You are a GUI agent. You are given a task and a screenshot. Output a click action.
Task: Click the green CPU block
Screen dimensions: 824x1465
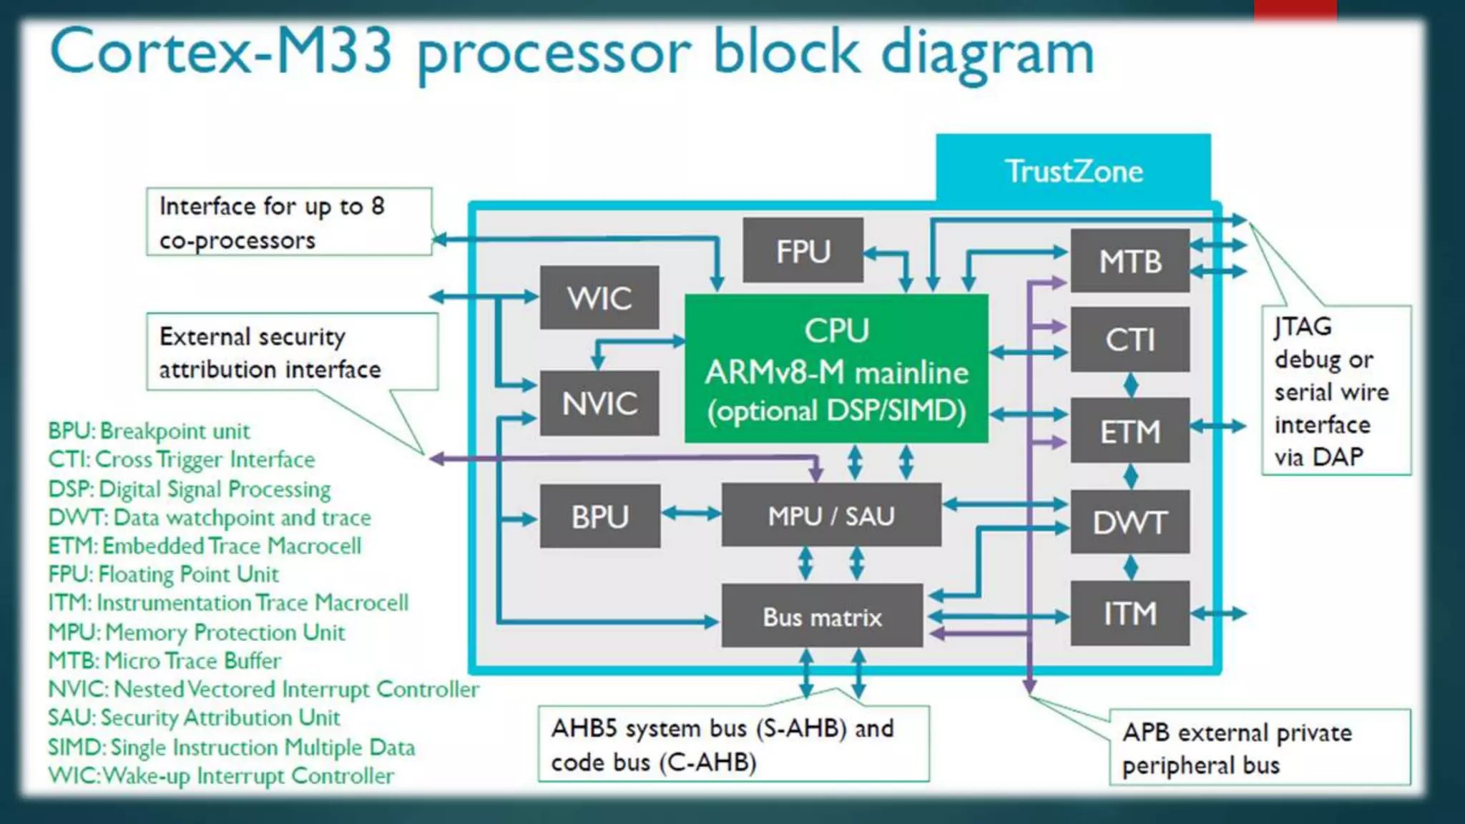(836, 369)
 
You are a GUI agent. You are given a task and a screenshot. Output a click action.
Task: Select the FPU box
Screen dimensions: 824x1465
(803, 251)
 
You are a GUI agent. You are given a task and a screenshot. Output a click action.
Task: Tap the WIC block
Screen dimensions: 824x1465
(599, 298)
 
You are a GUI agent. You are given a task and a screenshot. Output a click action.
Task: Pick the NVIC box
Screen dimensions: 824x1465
(599, 403)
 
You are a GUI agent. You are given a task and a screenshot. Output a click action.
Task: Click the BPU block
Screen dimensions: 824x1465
(599, 516)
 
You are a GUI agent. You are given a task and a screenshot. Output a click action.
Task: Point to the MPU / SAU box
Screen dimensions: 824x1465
(831, 516)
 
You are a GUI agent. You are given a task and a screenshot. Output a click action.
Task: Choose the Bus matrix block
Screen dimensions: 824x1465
(822, 617)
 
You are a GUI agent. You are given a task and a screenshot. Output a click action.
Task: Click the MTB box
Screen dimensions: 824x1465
(1130, 261)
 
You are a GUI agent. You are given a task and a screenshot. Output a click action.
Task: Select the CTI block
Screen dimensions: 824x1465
(1130, 340)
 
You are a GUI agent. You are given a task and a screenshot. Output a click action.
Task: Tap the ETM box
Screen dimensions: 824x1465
(1130, 431)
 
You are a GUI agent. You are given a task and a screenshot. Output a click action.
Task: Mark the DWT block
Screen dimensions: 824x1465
(1130, 522)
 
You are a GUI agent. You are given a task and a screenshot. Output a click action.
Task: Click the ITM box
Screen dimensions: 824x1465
(1130, 614)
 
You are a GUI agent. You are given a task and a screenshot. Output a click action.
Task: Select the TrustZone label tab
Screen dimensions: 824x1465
(1073, 170)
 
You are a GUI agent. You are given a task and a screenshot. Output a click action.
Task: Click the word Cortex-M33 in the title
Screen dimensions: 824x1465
(222, 51)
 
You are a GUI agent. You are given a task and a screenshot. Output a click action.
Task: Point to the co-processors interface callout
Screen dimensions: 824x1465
(288, 222)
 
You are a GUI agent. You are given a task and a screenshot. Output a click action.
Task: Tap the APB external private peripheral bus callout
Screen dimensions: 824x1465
(1259, 748)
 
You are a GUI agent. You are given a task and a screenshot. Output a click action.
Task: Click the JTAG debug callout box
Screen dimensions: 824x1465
(1335, 391)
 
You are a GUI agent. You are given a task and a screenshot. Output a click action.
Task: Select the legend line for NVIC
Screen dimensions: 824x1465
(263, 689)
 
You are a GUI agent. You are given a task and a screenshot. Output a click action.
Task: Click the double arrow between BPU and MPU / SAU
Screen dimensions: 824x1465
(691, 514)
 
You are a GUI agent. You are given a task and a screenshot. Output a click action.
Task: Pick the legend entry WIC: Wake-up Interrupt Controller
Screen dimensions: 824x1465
(221, 775)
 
